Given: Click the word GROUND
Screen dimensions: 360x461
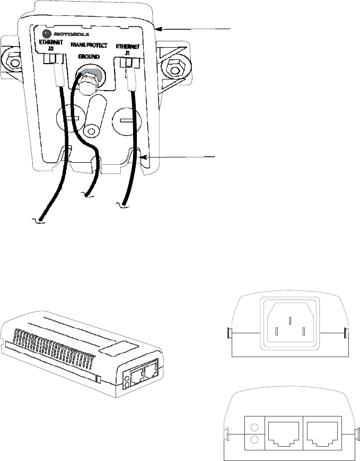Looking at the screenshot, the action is (x=89, y=56).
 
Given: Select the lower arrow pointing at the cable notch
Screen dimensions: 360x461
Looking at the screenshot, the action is (x=183, y=156).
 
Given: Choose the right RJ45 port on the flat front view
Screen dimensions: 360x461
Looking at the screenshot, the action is (x=323, y=433).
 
